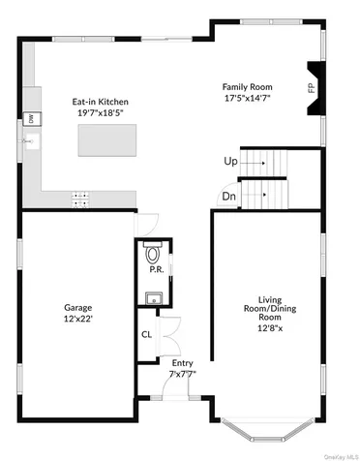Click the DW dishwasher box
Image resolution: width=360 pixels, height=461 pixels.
click(31, 118)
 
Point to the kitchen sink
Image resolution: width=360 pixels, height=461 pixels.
click(30, 142)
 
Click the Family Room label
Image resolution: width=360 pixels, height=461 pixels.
click(246, 85)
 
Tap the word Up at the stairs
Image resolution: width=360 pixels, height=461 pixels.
click(230, 161)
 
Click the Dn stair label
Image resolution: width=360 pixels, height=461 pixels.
click(228, 196)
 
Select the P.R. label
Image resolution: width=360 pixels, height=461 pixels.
click(155, 271)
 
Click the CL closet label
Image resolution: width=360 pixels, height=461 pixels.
click(147, 335)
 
